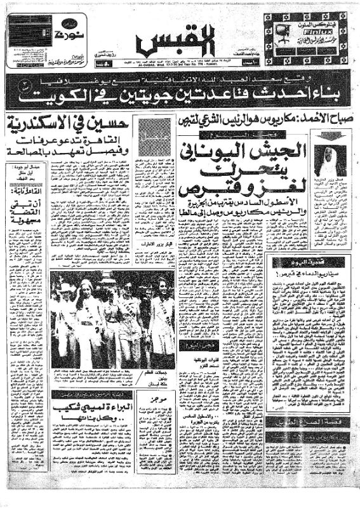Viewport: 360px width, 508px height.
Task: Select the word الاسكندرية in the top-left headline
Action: tap(44, 126)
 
